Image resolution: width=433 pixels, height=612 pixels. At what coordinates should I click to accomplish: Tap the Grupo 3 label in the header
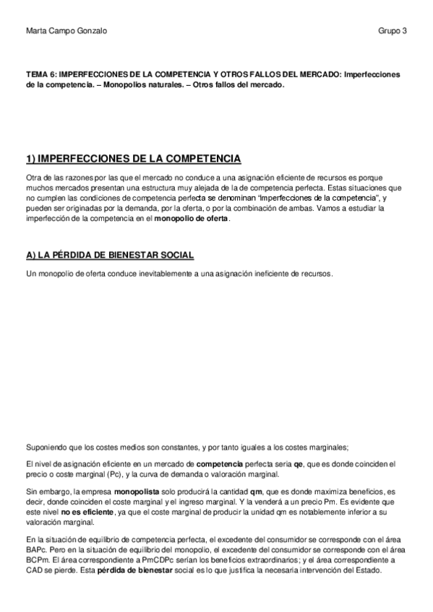tap(393, 32)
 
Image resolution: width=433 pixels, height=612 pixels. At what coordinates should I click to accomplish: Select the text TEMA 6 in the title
tap(40, 74)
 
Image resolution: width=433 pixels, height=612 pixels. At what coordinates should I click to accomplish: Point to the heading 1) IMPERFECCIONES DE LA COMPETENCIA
tap(133, 159)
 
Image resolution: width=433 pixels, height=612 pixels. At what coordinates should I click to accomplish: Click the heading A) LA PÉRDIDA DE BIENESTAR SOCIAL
tap(109, 256)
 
